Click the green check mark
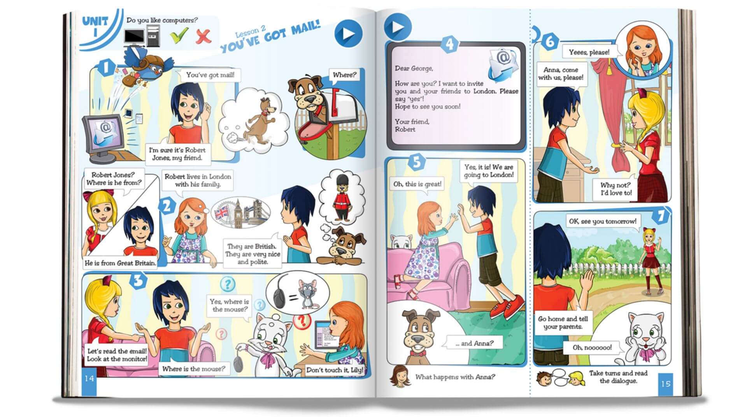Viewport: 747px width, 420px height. (179, 36)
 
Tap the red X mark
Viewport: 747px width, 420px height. (203, 36)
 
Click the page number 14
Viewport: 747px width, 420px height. (89, 378)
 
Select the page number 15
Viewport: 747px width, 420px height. (666, 384)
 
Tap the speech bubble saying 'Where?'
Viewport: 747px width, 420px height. (344, 75)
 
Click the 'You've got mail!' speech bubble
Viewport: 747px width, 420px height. (210, 75)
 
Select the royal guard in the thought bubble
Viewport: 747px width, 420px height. (343, 198)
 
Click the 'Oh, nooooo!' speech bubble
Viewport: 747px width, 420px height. (592, 348)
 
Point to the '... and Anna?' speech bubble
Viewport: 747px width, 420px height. (474, 343)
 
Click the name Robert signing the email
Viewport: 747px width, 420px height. (405, 129)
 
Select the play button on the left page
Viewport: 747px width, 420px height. (348, 33)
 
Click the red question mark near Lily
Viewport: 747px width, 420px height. (301, 320)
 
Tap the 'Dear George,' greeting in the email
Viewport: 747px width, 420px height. (414, 68)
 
